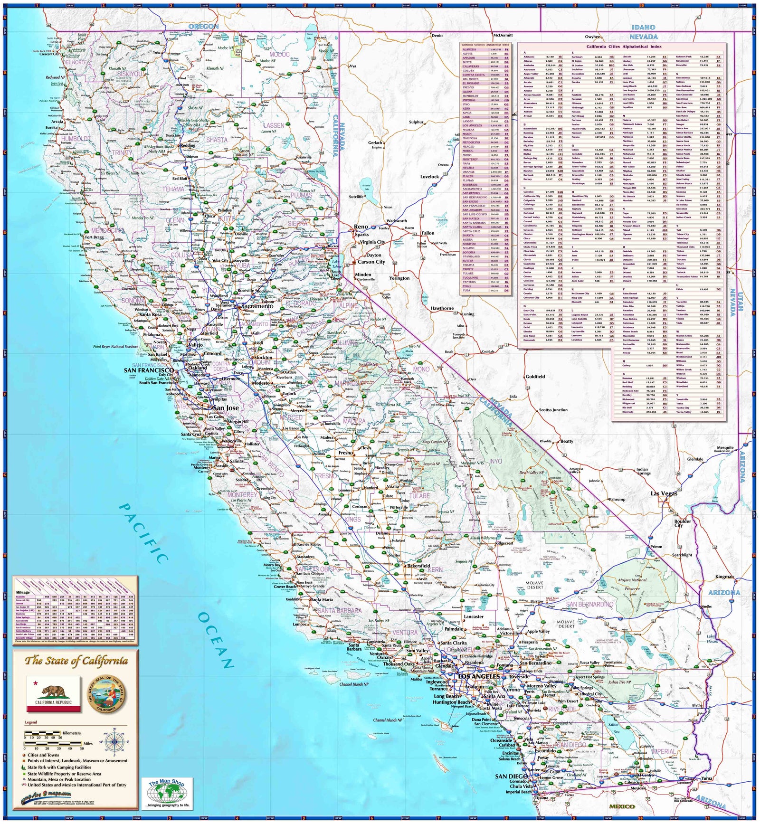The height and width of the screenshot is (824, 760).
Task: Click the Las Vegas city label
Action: pos(664,493)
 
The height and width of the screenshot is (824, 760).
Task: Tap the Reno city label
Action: pos(361,227)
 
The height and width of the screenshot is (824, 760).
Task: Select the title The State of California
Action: pos(76,661)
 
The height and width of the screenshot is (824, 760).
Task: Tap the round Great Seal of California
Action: pos(105,694)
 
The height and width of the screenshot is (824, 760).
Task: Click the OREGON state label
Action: pos(203,27)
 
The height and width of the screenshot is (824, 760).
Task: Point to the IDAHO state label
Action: pos(643,28)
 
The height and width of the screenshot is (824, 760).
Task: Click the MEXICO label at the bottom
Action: pos(622,806)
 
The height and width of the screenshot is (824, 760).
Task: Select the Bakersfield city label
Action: pos(418,566)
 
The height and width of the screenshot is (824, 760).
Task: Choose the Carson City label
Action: pos(371,262)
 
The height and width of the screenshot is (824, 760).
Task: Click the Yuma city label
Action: pos(707,778)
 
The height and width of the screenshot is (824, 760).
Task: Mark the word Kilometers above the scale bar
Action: pos(71,733)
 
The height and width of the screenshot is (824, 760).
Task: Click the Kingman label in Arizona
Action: pos(724,577)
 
